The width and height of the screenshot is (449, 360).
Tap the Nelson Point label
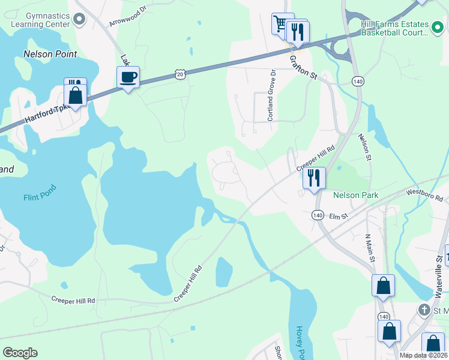50,54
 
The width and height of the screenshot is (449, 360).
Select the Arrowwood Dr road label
128,17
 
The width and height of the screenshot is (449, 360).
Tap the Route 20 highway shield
179,73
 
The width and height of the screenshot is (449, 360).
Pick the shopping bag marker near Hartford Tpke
76,95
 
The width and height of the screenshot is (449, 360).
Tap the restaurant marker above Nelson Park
313,178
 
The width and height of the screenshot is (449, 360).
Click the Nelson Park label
355,196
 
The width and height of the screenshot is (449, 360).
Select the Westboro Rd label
424,194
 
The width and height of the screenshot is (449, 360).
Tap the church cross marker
424,310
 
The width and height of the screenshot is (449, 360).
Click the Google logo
20,353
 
